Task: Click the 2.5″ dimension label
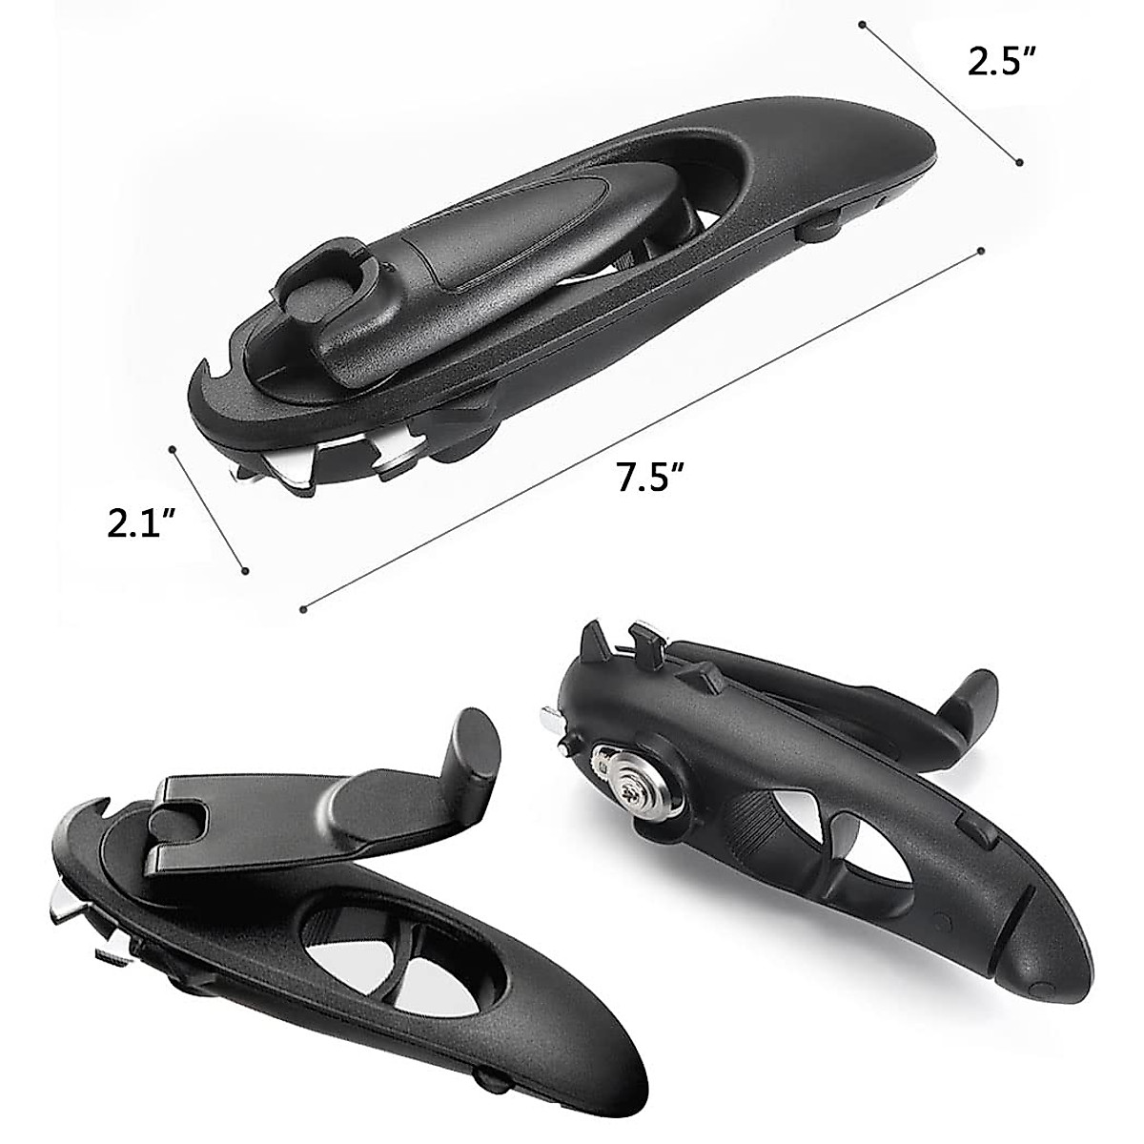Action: pos(1001,62)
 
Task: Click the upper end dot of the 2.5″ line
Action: pos(862,23)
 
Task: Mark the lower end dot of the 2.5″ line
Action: pos(1020,162)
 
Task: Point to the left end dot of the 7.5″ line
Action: pos(303,607)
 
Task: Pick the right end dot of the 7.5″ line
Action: pos(981,252)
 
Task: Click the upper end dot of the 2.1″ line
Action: pos(173,447)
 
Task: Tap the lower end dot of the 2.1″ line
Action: pos(246,571)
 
